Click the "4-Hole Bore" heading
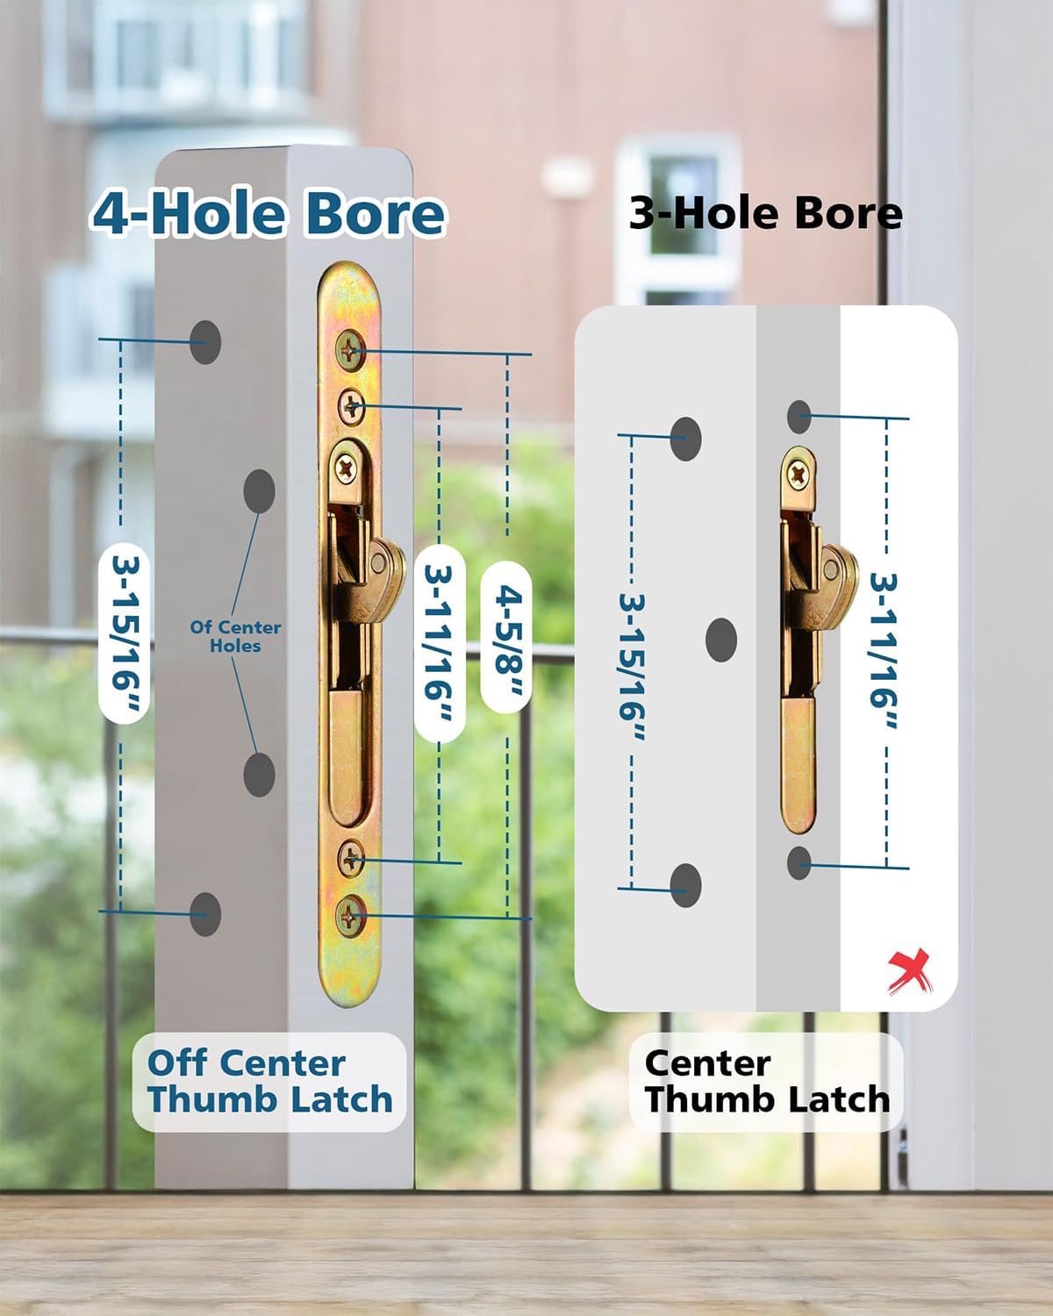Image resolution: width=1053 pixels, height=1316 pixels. pos(268,214)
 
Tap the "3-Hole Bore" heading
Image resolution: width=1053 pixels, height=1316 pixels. pos(765,214)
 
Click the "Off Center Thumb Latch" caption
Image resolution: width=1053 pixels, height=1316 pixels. pos(269,1081)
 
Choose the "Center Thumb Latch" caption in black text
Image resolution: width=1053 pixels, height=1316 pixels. pos(767,1081)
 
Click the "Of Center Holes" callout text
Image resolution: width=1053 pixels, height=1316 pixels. pos(235,636)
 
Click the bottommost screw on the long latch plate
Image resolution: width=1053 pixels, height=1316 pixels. pos(352,917)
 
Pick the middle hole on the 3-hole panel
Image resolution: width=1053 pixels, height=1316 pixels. pos(721,639)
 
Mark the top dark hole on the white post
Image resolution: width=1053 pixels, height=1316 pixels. pos(205,341)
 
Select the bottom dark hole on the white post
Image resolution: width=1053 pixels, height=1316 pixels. pos(205,913)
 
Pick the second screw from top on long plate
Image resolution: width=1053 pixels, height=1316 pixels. pos(352,405)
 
